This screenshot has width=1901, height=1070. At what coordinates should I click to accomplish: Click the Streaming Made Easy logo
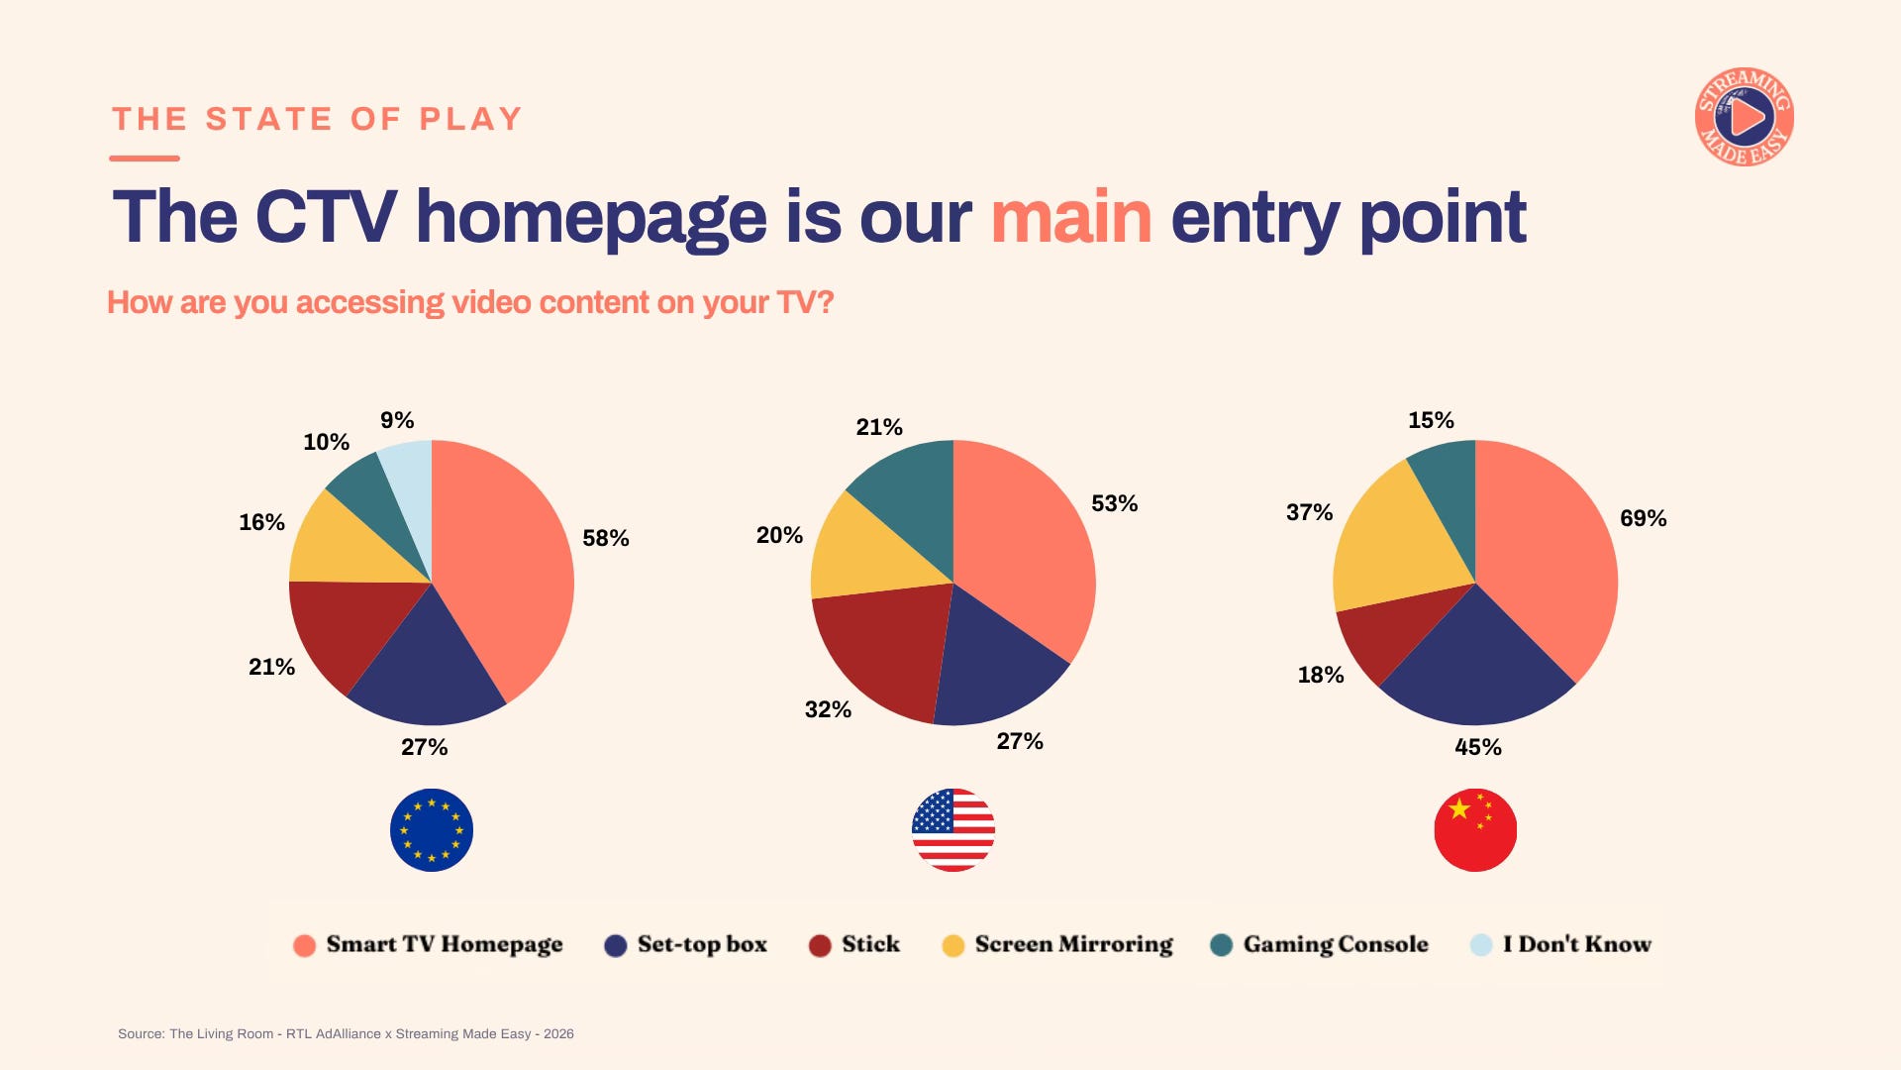pyautogui.click(x=1745, y=117)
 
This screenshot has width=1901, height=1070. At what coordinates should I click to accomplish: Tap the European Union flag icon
pyautogui.click(x=432, y=830)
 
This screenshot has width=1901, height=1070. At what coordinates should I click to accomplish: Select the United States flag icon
pyautogui.click(x=953, y=830)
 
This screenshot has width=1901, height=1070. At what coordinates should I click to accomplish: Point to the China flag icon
pyautogui.click(x=1475, y=830)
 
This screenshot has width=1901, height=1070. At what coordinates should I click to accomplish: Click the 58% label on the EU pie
pyautogui.click(x=606, y=538)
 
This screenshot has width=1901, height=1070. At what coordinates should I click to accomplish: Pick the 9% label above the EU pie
pyautogui.click(x=397, y=420)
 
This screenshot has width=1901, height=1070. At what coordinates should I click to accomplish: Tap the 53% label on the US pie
pyautogui.click(x=1115, y=503)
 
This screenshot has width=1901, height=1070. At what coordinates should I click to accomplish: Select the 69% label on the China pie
pyautogui.click(x=1644, y=518)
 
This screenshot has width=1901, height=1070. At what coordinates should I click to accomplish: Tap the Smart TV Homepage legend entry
pyautogui.click(x=429, y=945)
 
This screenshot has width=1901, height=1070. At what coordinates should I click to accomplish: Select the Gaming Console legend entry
pyautogui.click(x=1320, y=945)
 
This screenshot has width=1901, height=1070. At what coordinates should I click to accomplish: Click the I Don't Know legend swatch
pyautogui.click(x=1481, y=945)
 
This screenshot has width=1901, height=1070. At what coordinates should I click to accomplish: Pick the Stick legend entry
pyautogui.click(x=854, y=945)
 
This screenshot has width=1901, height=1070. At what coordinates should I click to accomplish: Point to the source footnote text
pyautogui.click(x=346, y=1033)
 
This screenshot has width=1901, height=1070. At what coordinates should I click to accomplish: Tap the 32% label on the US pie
pyautogui.click(x=828, y=709)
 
